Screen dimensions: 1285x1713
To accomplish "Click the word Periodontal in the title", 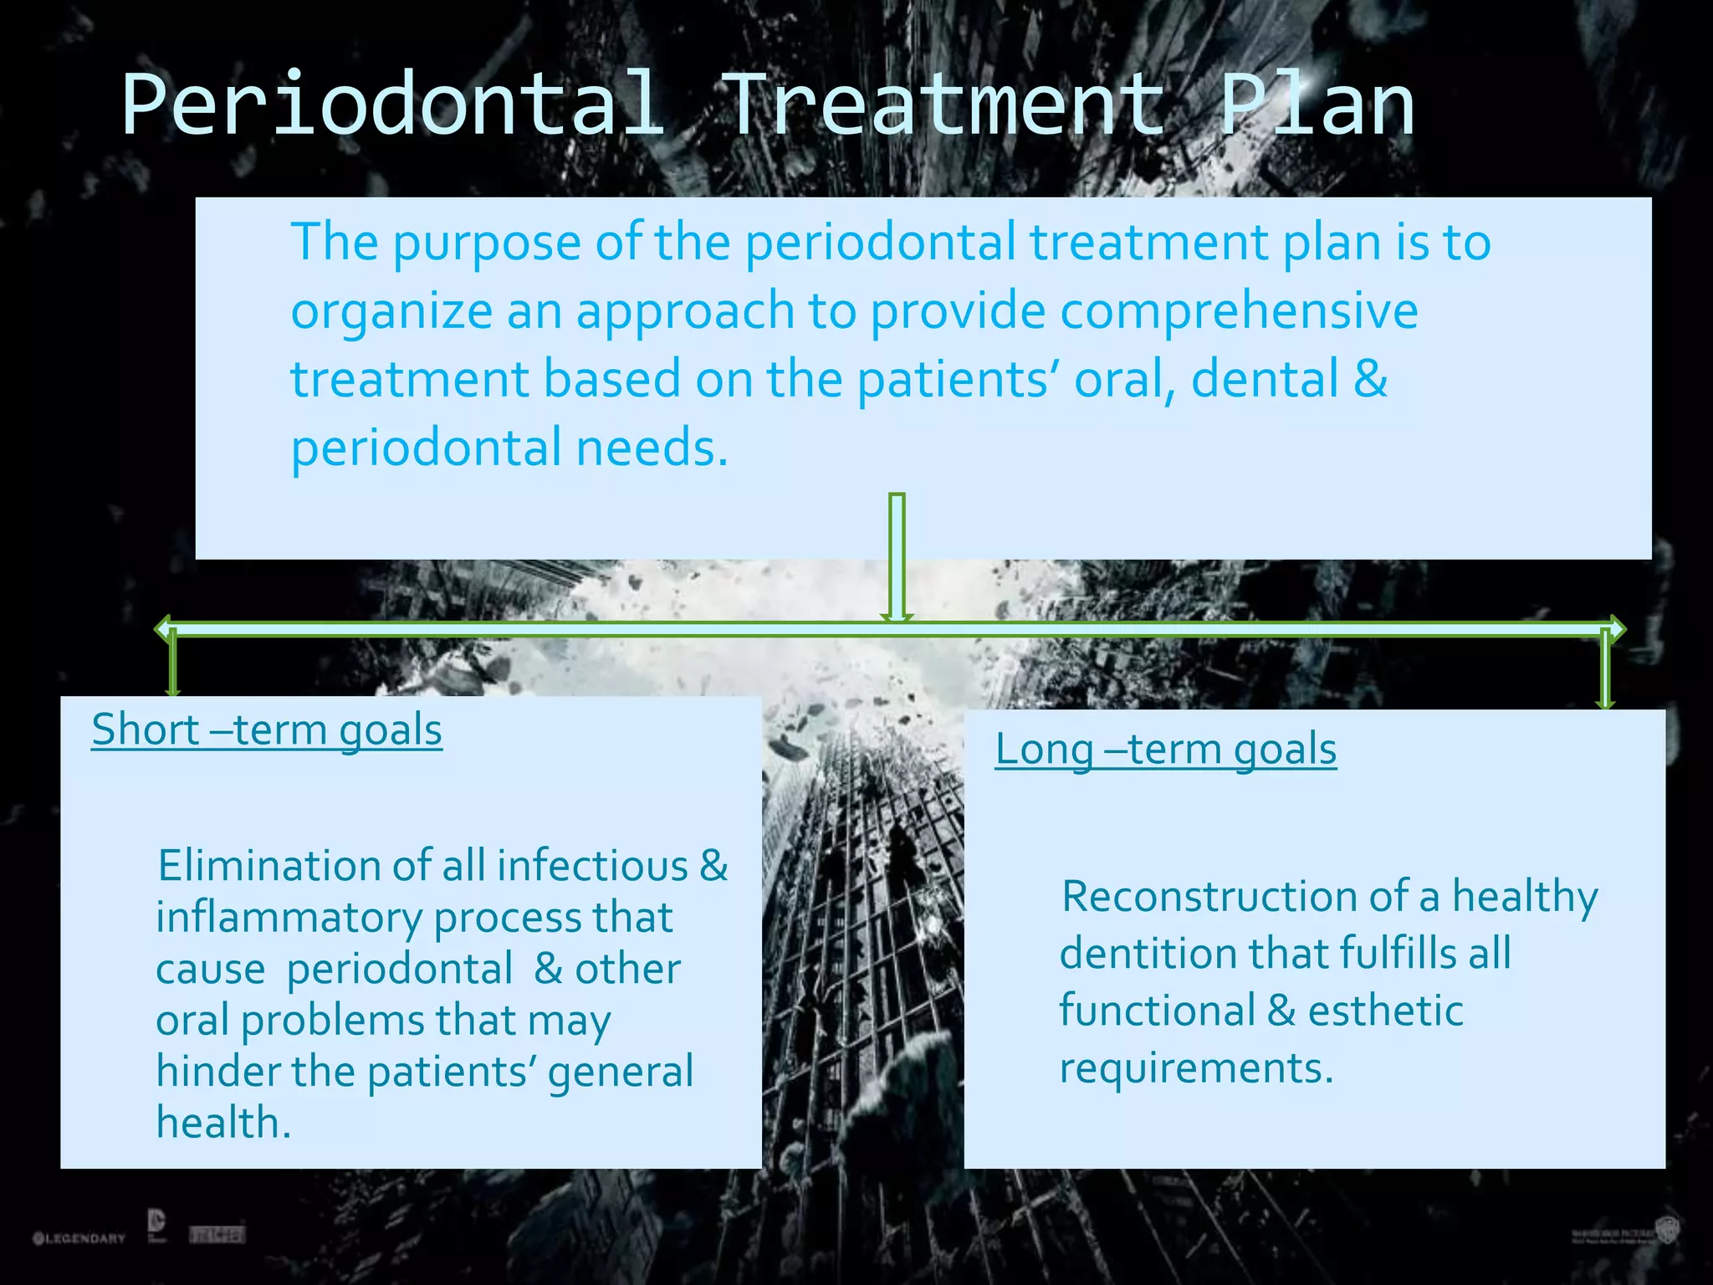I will pos(393,105).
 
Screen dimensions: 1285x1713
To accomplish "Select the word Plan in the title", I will pos(1317,105).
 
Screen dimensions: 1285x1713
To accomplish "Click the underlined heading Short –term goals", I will pos(267,730).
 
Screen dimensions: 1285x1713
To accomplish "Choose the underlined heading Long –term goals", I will pos(1165,749).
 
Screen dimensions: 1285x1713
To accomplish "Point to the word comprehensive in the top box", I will pos(1239,311).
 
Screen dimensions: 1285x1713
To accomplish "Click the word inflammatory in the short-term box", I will pos(289,918).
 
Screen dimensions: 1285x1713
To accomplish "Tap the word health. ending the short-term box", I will pos(223,1123).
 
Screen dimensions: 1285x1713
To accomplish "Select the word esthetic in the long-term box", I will pos(1385,1011).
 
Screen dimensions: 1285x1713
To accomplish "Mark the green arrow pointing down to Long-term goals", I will pos(1604,669).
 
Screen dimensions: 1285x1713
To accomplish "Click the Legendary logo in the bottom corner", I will pos(79,1237).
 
